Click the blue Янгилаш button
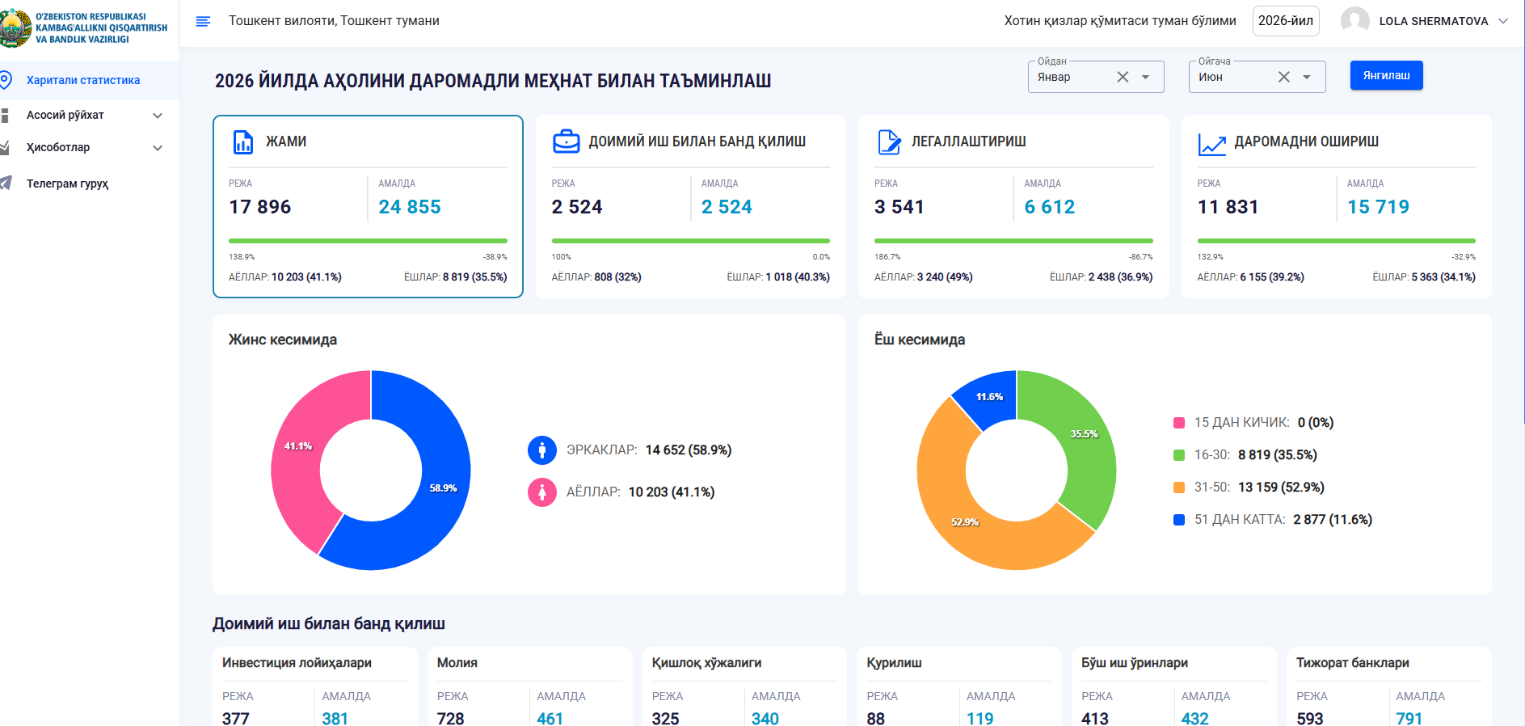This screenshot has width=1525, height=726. (1386, 75)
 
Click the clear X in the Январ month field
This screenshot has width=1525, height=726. (1123, 77)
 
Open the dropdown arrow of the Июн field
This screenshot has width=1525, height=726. (1307, 77)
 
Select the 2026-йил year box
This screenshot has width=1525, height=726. (1286, 21)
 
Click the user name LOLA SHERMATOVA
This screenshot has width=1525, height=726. (1434, 21)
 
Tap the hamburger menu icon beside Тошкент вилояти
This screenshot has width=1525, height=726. (203, 21)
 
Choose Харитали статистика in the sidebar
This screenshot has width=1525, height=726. (83, 80)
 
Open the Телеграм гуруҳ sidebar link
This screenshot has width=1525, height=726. (67, 184)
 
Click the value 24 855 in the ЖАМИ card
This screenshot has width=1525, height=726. (410, 207)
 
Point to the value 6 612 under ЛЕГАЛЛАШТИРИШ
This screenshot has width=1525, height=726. (1050, 207)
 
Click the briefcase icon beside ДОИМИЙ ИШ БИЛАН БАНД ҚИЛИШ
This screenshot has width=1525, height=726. (566, 141)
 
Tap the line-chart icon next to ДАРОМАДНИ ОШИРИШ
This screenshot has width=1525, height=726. (1211, 144)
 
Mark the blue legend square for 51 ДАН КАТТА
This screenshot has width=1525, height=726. (1179, 520)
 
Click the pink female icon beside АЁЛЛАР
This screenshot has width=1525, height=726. (542, 492)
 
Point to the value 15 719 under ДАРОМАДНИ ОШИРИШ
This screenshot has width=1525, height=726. (1378, 207)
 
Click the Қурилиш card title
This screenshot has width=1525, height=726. (894, 663)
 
